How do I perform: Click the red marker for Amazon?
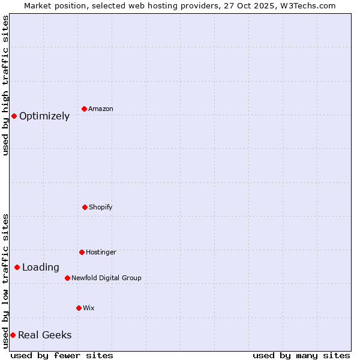pyautogui.click(x=84, y=109)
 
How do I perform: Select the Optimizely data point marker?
pyautogui.click(x=14, y=116)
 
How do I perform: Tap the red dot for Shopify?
pyautogui.click(x=85, y=207)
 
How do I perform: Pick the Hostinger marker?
pyautogui.click(x=82, y=252)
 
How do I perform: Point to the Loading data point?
pyautogui.click(x=17, y=267)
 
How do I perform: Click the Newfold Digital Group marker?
pyautogui.click(x=67, y=278)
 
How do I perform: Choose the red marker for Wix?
pyautogui.click(x=79, y=308)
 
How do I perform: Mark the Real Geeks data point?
pyautogui.click(x=13, y=335)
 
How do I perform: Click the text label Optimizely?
pyautogui.click(x=44, y=116)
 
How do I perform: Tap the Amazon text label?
pyautogui.click(x=101, y=109)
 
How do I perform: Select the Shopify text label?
pyautogui.click(x=101, y=208)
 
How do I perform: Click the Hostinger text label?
pyautogui.click(x=101, y=253)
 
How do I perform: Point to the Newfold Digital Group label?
pyautogui.click(x=106, y=278)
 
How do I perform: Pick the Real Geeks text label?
pyautogui.click(x=44, y=335)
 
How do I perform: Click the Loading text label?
pyautogui.click(x=41, y=268)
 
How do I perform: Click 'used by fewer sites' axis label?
pyautogui.click(x=62, y=355)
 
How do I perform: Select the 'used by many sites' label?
pyautogui.click(x=301, y=355)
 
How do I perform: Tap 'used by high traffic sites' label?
pyautogui.click(x=5, y=85)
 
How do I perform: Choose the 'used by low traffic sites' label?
pyautogui.click(x=5, y=280)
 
